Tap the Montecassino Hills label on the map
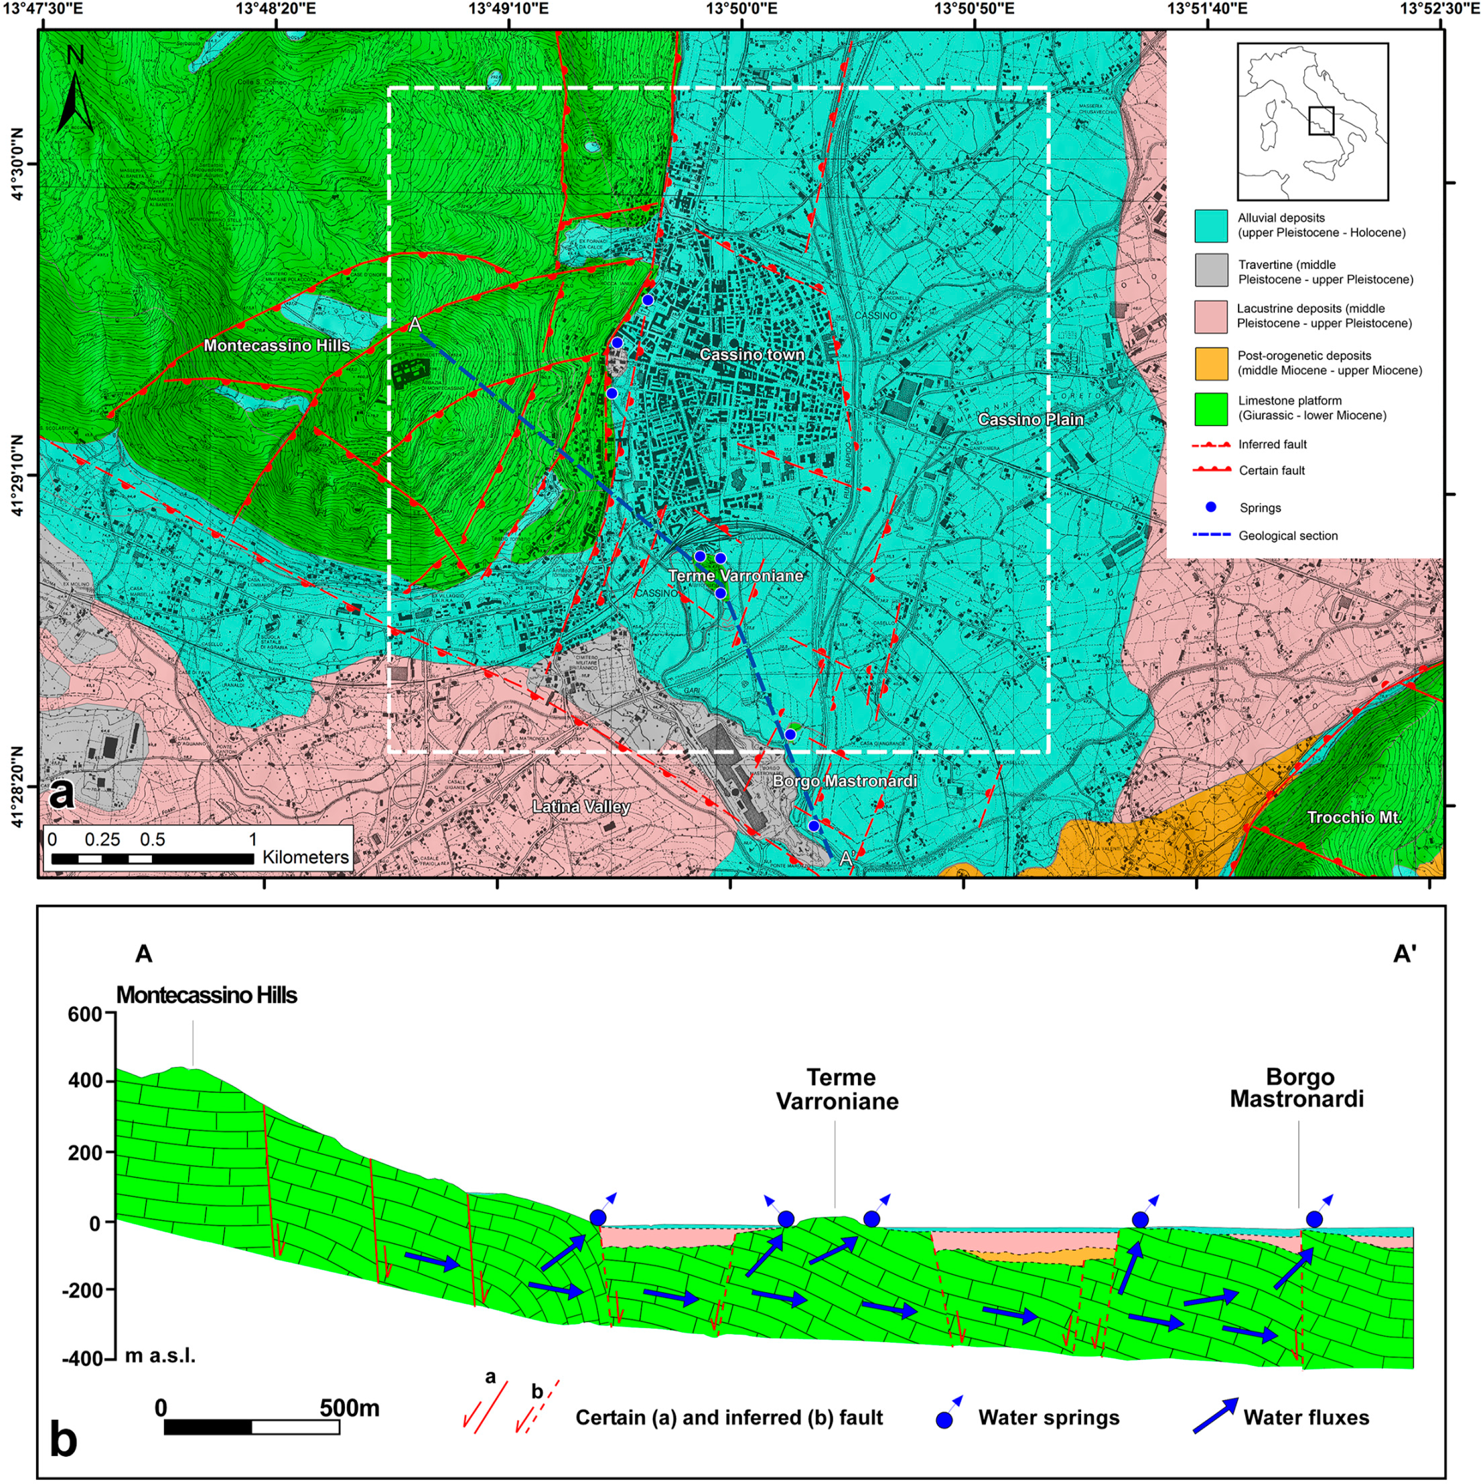tap(277, 346)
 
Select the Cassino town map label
tap(751, 354)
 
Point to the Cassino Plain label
tap(1030, 419)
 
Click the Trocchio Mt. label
tap(1354, 817)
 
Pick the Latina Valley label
tap(582, 807)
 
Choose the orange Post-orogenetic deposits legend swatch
tap(1210, 363)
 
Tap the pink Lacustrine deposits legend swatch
tap(1210, 316)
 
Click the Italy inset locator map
tap(1312, 121)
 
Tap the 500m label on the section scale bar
tap(350, 1408)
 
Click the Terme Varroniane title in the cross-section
tap(838, 1089)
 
